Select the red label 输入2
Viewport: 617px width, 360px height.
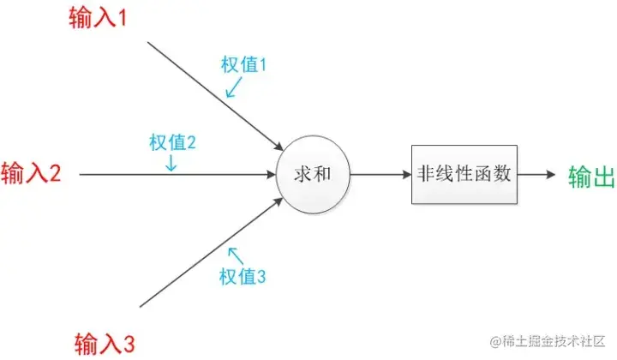click(x=32, y=174)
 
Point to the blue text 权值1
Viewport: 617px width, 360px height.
click(x=245, y=63)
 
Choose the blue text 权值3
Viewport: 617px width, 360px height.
click(x=243, y=276)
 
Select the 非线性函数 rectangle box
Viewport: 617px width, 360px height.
click(x=464, y=174)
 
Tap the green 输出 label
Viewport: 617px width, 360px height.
click(x=592, y=176)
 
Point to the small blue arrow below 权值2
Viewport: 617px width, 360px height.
click(x=171, y=162)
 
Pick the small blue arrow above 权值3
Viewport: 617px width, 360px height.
click(x=233, y=254)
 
